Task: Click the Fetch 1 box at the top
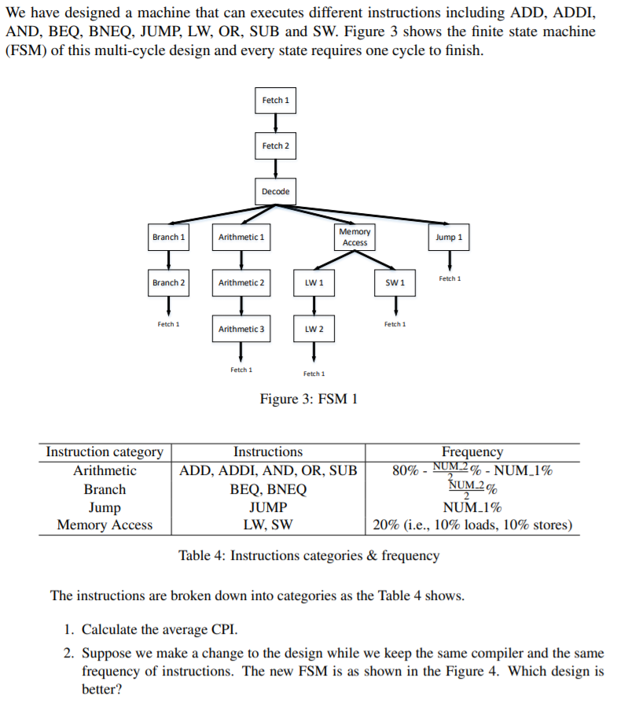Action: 275,101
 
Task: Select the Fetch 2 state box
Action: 275,146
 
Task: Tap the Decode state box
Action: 275,192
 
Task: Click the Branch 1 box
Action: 168,237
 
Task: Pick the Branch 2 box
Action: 168,282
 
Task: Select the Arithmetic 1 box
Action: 241,237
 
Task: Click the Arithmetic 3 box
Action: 241,329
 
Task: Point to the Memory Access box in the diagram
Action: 354,237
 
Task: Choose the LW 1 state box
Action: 314,282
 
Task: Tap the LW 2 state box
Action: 314,329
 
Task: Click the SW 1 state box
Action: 395,282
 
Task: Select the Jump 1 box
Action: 450,237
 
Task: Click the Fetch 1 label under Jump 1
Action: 450,278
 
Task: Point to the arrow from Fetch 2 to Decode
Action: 275,168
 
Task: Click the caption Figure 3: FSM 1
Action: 309,399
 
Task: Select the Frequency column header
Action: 472,452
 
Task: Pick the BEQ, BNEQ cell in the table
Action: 268,489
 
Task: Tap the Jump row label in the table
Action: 105,507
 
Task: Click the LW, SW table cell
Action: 268,525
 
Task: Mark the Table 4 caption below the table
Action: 309,556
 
